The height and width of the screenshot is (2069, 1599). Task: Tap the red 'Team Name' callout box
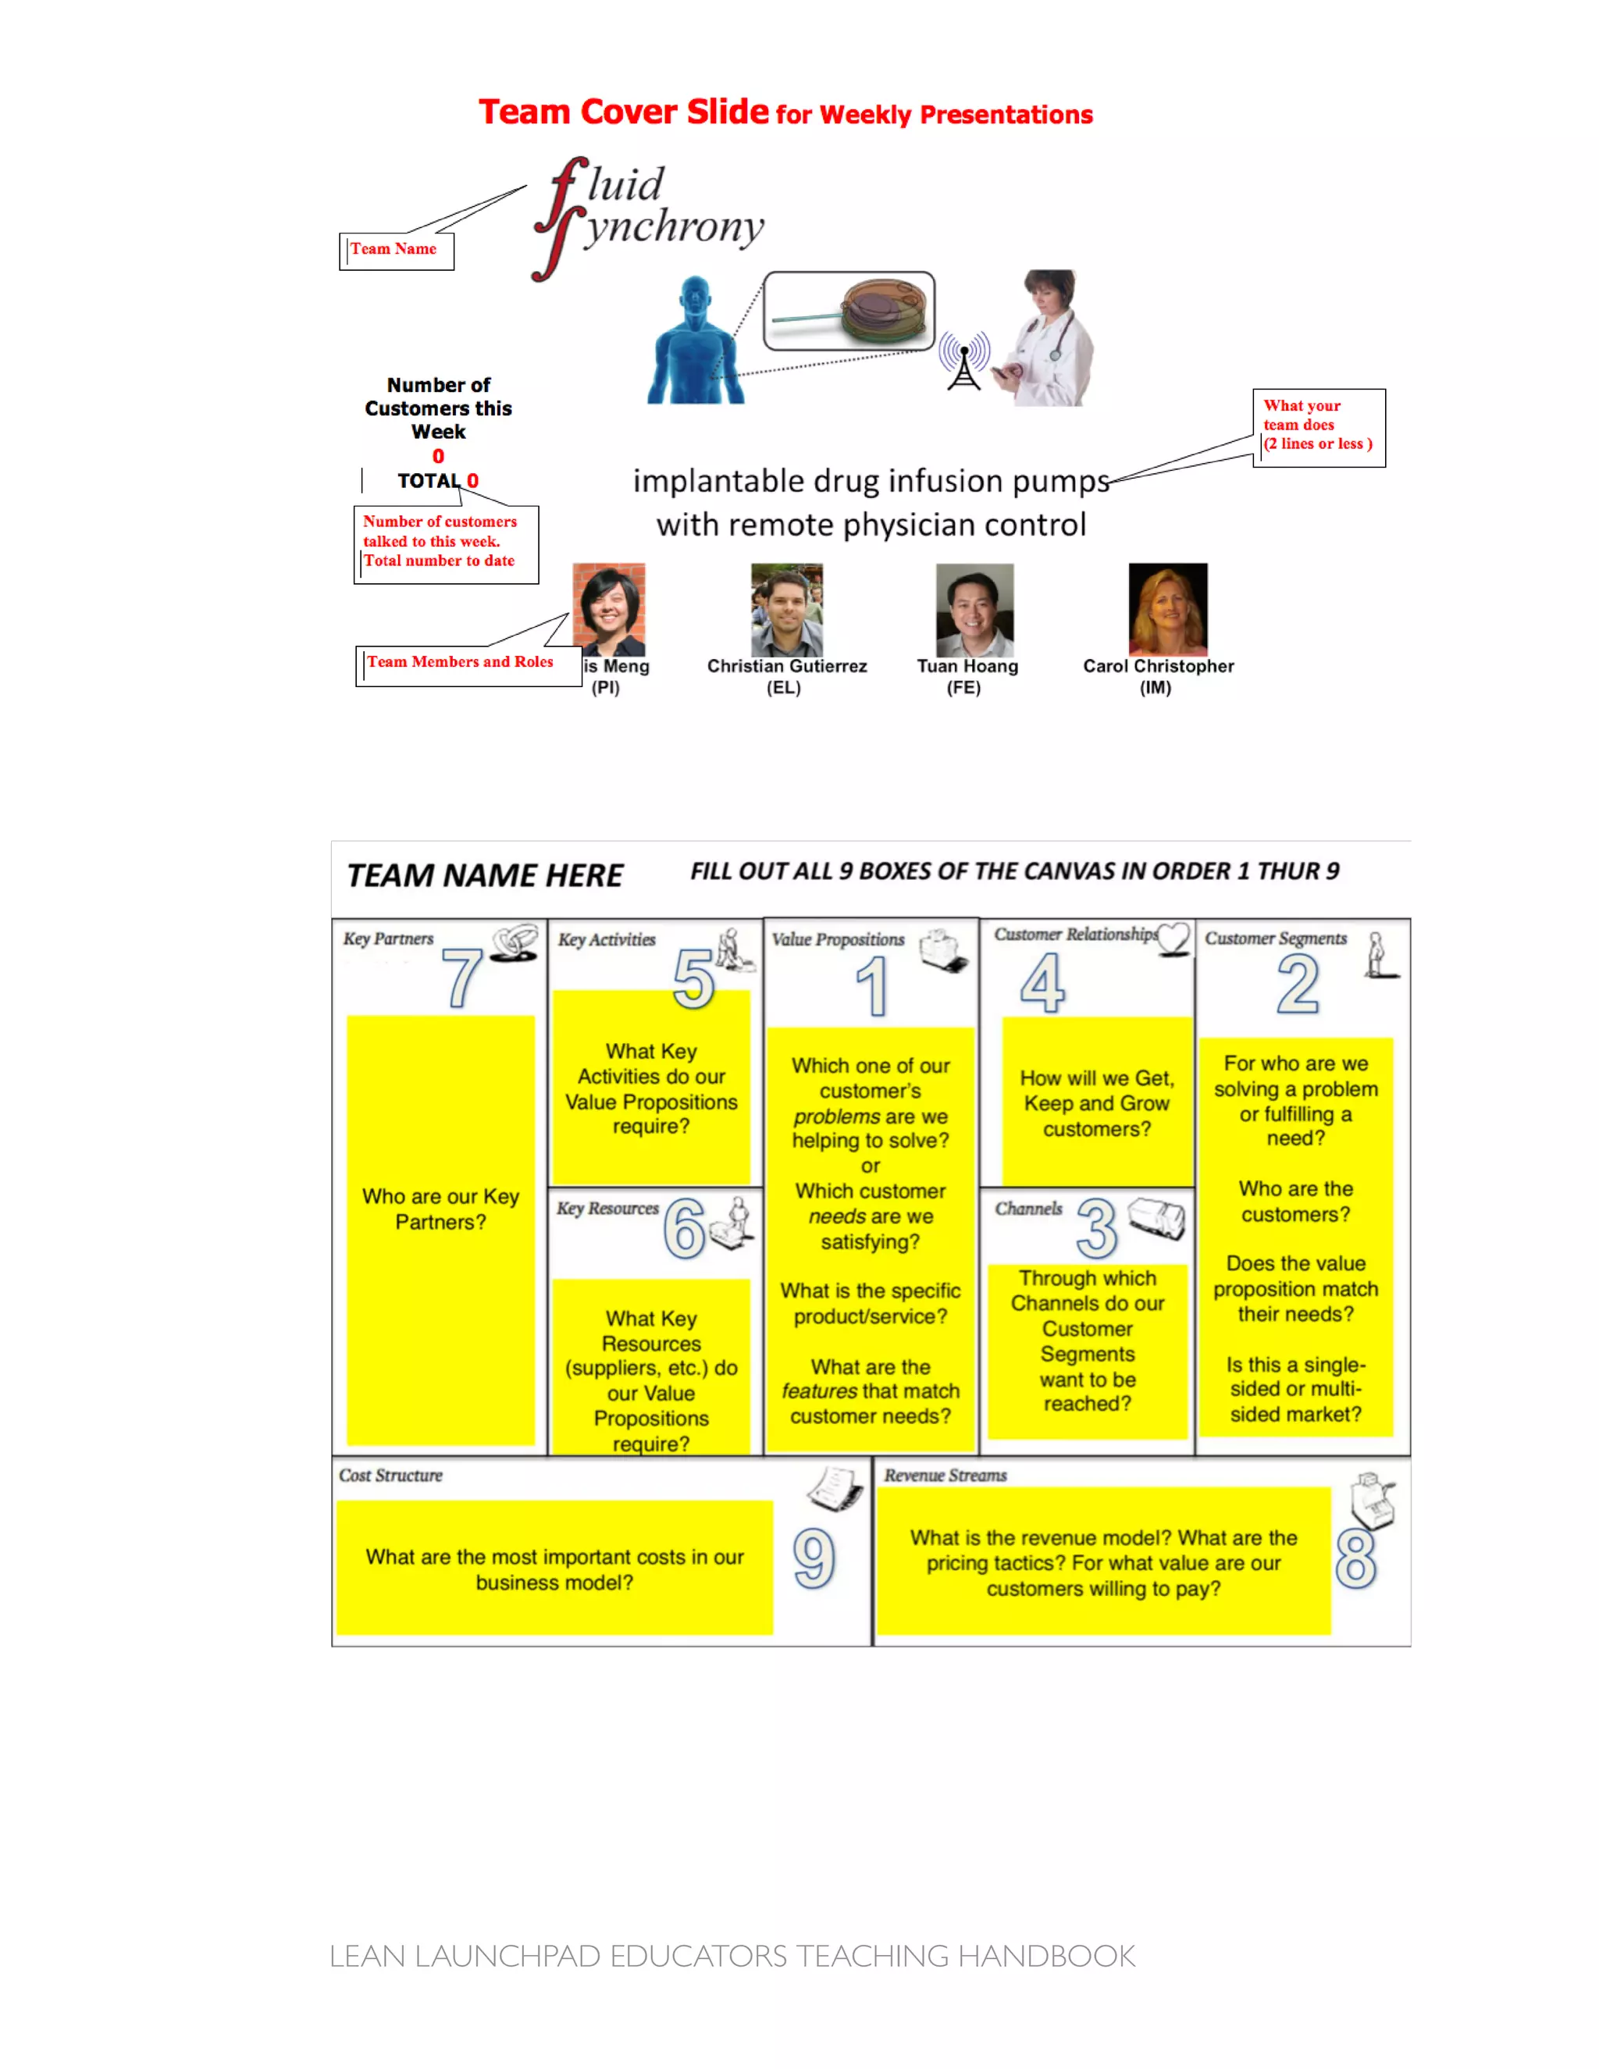(396, 250)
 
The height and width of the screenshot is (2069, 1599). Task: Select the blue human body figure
(696, 340)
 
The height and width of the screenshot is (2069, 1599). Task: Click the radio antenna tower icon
(964, 361)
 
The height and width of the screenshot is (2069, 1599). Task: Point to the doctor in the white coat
(1048, 338)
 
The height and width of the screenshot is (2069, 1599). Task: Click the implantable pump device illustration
(849, 311)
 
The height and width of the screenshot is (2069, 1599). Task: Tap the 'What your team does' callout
(1318, 426)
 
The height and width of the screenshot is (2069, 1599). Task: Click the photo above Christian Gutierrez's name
(786, 609)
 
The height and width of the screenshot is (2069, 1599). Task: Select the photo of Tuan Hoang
(974, 609)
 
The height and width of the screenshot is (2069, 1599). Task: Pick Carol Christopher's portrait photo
(1167, 609)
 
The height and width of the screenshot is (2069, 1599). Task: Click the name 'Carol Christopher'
(1158, 666)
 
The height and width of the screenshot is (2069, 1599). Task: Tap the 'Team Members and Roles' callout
(462, 663)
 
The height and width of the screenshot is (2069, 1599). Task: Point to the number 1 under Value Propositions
(872, 986)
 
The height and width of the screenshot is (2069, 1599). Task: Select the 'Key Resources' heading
(607, 1209)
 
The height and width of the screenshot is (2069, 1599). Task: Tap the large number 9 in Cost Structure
(814, 1558)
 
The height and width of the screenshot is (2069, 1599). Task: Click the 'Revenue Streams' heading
(946, 1475)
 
